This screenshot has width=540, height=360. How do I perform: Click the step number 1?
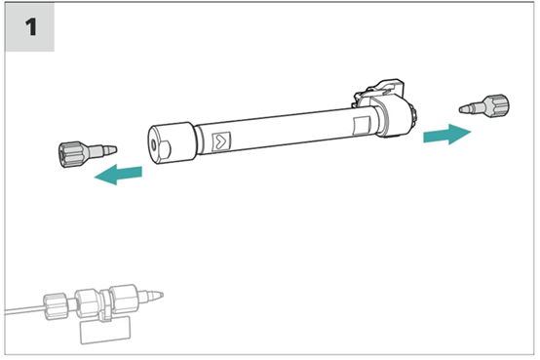coord(31,27)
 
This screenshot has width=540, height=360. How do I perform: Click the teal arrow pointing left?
coord(118,174)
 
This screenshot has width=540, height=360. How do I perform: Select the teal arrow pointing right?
coord(447,134)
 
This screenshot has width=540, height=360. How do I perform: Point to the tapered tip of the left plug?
coord(110,149)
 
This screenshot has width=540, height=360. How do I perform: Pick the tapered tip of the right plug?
coord(465,108)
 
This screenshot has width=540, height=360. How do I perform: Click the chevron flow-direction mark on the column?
coord(221,141)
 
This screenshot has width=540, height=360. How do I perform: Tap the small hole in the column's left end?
coord(154,145)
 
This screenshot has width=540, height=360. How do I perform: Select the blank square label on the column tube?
coord(362,126)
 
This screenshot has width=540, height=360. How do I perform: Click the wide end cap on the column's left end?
coord(173,142)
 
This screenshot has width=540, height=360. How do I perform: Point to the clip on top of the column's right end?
coord(379,92)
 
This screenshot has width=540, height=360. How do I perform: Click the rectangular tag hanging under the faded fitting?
coord(105,330)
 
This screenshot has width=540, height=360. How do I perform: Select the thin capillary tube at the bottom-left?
coord(24,309)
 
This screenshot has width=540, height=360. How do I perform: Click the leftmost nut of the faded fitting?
coord(56,305)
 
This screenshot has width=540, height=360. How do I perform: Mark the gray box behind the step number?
coord(29,27)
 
